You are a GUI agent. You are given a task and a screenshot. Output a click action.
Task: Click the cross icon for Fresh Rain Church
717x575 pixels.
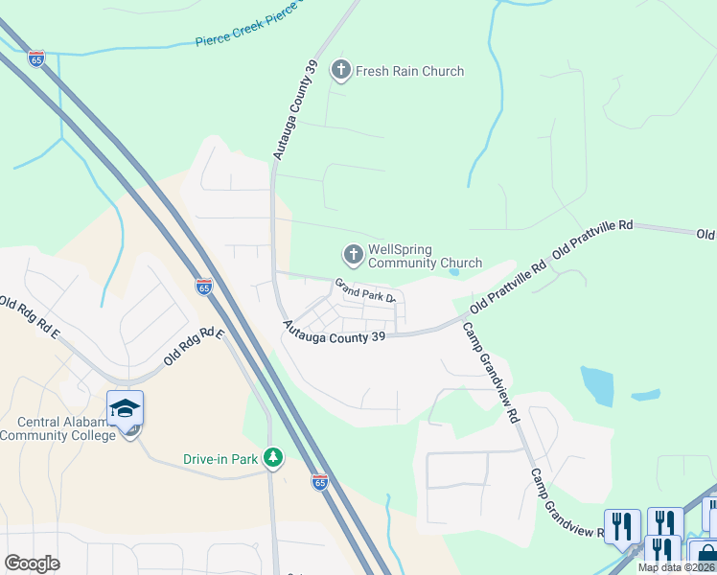point(340,70)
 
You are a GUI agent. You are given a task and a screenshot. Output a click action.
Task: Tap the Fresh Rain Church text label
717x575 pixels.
point(409,71)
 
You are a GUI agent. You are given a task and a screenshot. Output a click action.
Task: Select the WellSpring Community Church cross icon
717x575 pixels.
point(353,254)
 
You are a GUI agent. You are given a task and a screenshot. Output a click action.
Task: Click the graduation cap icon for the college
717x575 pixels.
point(125,408)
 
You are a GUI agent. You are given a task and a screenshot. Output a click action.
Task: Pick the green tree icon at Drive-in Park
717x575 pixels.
point(273,458)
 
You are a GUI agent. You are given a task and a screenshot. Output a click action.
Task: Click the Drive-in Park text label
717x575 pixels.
point(220,459)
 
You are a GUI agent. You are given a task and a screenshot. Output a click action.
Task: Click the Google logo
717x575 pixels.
point(32,563)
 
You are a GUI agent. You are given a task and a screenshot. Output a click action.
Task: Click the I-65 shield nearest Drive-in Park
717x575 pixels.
point(320,481)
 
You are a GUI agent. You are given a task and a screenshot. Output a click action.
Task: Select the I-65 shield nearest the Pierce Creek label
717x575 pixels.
point(36,57)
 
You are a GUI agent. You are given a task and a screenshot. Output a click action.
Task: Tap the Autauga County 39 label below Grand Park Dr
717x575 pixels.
point(333,333)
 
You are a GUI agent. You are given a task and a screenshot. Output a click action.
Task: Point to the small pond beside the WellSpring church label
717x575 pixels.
point(453,271)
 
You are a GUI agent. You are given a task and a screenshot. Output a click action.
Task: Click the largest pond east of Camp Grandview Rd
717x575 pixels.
point(597,385)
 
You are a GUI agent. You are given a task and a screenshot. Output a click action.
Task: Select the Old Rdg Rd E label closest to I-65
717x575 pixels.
point(193,347)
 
